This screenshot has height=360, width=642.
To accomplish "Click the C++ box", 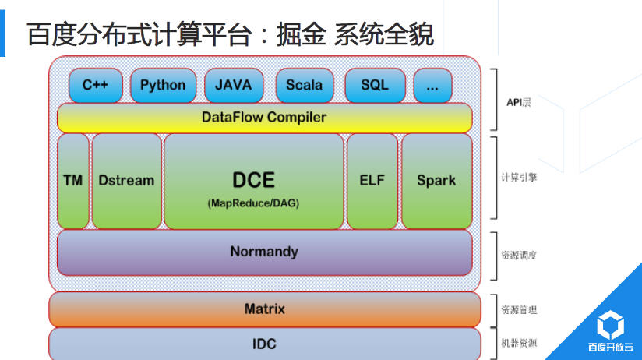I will coord(95,85).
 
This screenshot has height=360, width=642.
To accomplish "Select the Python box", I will coord(163,85).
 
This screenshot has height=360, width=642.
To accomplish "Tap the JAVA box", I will coord(234,85).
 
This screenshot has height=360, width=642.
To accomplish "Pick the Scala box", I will coord(304,85).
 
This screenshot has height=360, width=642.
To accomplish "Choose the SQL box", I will coord(374,85).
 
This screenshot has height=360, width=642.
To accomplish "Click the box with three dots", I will coord(432,85).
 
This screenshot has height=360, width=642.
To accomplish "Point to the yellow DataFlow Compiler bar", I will coord(264,118).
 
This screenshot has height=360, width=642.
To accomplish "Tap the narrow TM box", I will coord(73,181).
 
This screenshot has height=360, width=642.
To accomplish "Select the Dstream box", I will coord(126,181).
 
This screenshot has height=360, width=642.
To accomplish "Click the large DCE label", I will coord(253,180).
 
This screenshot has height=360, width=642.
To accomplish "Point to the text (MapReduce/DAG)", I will coord(253,203).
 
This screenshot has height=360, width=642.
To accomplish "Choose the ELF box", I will coord(372,181).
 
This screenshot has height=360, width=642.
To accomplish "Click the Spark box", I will coord(436,181).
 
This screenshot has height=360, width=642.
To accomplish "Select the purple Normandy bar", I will coord(264,252).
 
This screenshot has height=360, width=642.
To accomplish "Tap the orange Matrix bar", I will coord(264,309).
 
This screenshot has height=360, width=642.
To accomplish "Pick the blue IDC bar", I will coord(264,344).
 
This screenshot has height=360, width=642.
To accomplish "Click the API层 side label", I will coord(518,102).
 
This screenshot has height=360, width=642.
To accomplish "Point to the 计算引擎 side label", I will coord(519,178).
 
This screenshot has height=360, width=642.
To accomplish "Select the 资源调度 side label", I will coord(519,255).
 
